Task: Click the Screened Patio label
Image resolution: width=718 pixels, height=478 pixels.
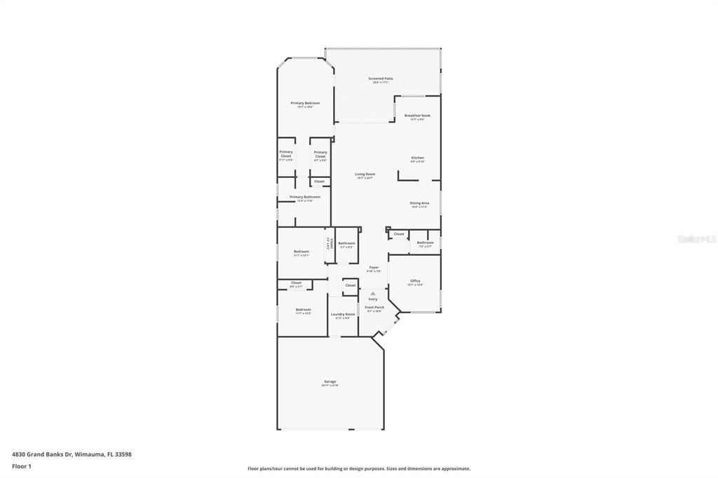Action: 381,78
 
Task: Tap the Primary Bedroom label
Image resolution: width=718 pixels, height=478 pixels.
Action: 305,103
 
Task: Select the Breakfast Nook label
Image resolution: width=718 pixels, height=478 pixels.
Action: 417,116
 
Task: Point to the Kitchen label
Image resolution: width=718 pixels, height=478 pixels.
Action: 417,158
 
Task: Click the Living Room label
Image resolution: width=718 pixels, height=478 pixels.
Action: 365,175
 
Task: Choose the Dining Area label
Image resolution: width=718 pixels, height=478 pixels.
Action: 419,203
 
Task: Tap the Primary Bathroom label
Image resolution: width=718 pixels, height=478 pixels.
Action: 305,197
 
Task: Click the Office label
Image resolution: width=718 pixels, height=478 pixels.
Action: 415,281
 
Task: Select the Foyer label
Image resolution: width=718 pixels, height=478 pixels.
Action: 374,267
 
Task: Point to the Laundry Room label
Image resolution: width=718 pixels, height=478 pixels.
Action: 343,314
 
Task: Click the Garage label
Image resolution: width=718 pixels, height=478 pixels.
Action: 330,382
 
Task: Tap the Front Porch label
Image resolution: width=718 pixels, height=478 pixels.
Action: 374,307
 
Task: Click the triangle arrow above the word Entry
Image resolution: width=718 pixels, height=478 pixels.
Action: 373,293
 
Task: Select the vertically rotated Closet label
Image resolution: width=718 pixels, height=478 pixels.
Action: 329,244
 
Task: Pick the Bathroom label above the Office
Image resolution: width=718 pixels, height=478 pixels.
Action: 426,243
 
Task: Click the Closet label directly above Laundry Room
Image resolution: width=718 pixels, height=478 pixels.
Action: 350,285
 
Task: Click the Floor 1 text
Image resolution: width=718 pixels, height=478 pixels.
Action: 22,466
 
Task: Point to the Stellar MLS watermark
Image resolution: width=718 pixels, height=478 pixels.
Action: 696,239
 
